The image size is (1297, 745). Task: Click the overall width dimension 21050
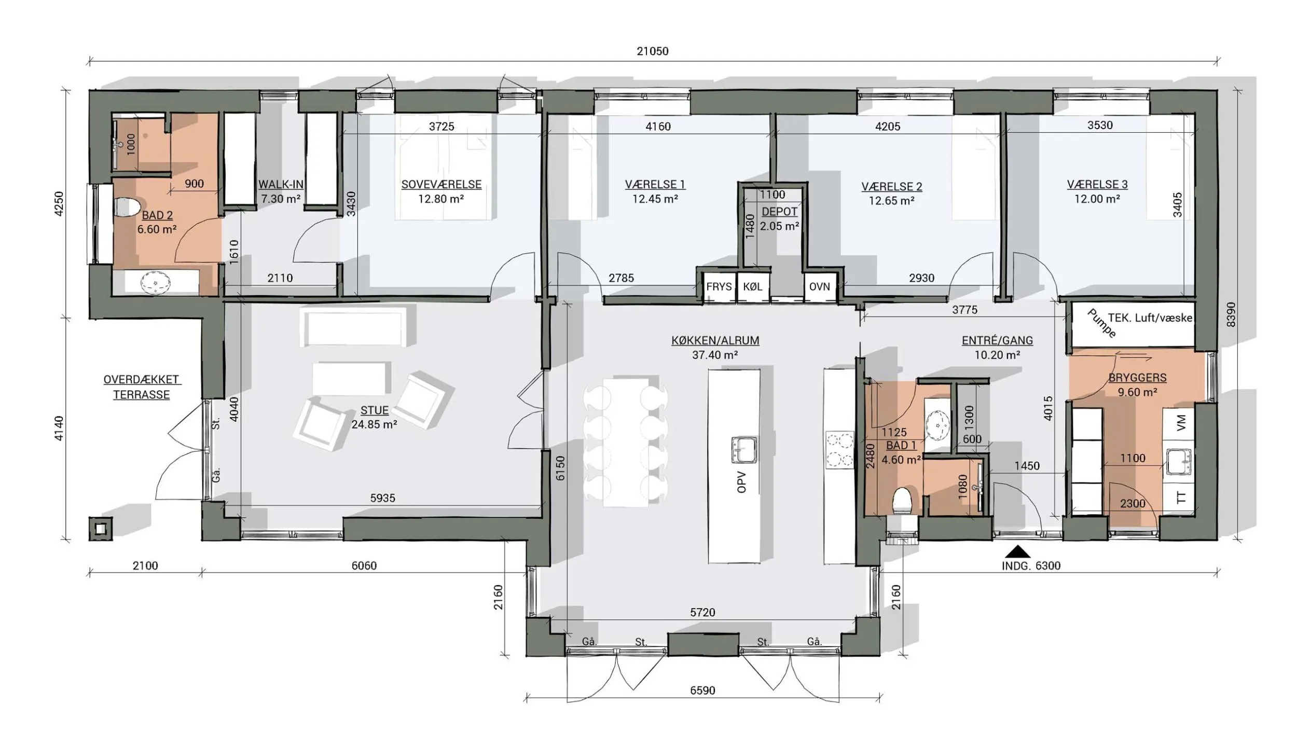(653, 51)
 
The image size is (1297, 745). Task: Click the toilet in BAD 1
(903, 501)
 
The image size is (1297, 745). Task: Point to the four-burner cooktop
(839, 450)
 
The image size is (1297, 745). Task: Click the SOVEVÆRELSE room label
(441, 184)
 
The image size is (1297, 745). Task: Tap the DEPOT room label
(780, 212)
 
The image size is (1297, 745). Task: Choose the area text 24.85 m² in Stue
(375, 424)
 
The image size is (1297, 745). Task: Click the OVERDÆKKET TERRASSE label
(142, 387)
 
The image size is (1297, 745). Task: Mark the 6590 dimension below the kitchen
(702, 691)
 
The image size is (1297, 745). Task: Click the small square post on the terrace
(100, 529)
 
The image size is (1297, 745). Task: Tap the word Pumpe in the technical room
(1101, 323)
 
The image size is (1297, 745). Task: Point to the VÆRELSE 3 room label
(1097, 184)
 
